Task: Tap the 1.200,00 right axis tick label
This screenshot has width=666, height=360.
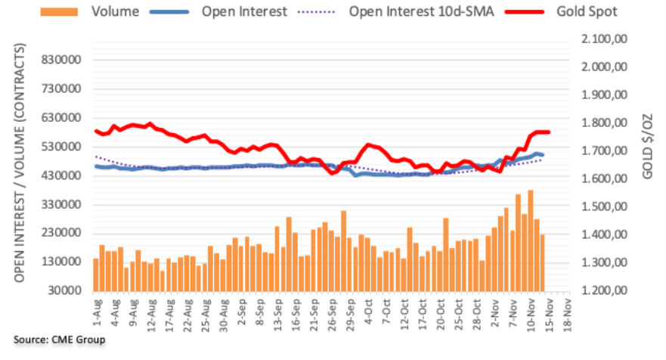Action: point(605,290)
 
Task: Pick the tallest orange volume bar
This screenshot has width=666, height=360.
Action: point(531,241)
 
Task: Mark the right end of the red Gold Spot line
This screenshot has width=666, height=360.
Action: point(548,132)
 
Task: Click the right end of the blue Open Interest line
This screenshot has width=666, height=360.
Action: point(543,155)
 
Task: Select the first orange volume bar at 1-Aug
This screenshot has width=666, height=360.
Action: point(96,275)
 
